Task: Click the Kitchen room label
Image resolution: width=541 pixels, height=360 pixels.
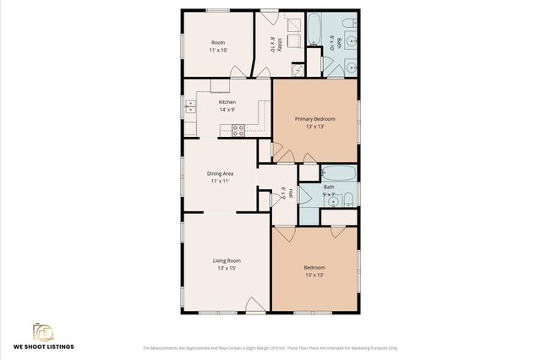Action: point(216,102)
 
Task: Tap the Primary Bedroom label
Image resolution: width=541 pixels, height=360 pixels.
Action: point(314,119)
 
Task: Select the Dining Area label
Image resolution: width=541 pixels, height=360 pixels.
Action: point(221,173)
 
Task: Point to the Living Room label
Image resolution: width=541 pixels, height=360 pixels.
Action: point(227,260)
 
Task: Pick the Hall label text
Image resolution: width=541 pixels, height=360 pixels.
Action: point(291,193)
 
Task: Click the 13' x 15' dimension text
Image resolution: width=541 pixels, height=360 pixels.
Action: point(227,269)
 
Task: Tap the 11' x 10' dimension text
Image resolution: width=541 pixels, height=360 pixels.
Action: point(218,50)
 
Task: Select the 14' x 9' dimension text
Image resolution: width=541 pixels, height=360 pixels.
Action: point(216,110)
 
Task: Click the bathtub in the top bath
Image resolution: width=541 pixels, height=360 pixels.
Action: point(314,29)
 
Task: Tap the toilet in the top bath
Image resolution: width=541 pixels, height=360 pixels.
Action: point(351,63)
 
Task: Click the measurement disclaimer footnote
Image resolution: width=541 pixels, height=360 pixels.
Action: point(270,347)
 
